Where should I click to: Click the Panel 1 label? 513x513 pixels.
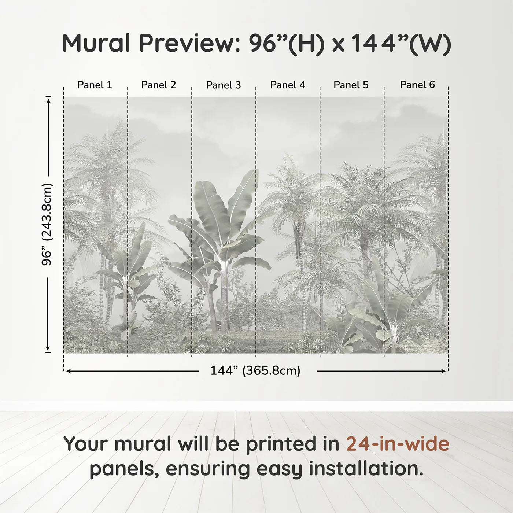pyautogui.click(x=95, y=85)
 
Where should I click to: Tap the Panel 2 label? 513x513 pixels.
pyautogui.click(x=159, y=85)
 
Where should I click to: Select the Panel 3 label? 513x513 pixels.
pyautogui.click(x=224, y=85)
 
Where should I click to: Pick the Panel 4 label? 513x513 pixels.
pyautogui.click(x=288, y=85)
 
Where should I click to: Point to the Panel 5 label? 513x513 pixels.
pyautogui.click(x=351, y=85)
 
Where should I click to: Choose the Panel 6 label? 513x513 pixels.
pyautogui.click(x=417, y=85)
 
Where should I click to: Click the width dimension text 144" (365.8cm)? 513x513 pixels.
pyautogui.click(x=255, y=371)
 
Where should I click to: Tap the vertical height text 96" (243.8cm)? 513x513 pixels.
pyautogui.click(x=47, y=224)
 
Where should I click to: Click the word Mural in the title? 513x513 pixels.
pyautogui.click(x=96, y=43)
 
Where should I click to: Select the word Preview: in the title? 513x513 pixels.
pyautogui.click(x=190, y=43)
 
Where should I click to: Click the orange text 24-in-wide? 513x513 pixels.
pyautogui.click(x=398, y=444)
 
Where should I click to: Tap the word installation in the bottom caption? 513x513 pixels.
pyautogui.click(x=366, y=469)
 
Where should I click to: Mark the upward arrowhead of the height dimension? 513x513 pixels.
pyautogui.click(x=48, y=99)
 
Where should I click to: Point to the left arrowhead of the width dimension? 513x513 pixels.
pyautogui.click(x=69, y=371)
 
